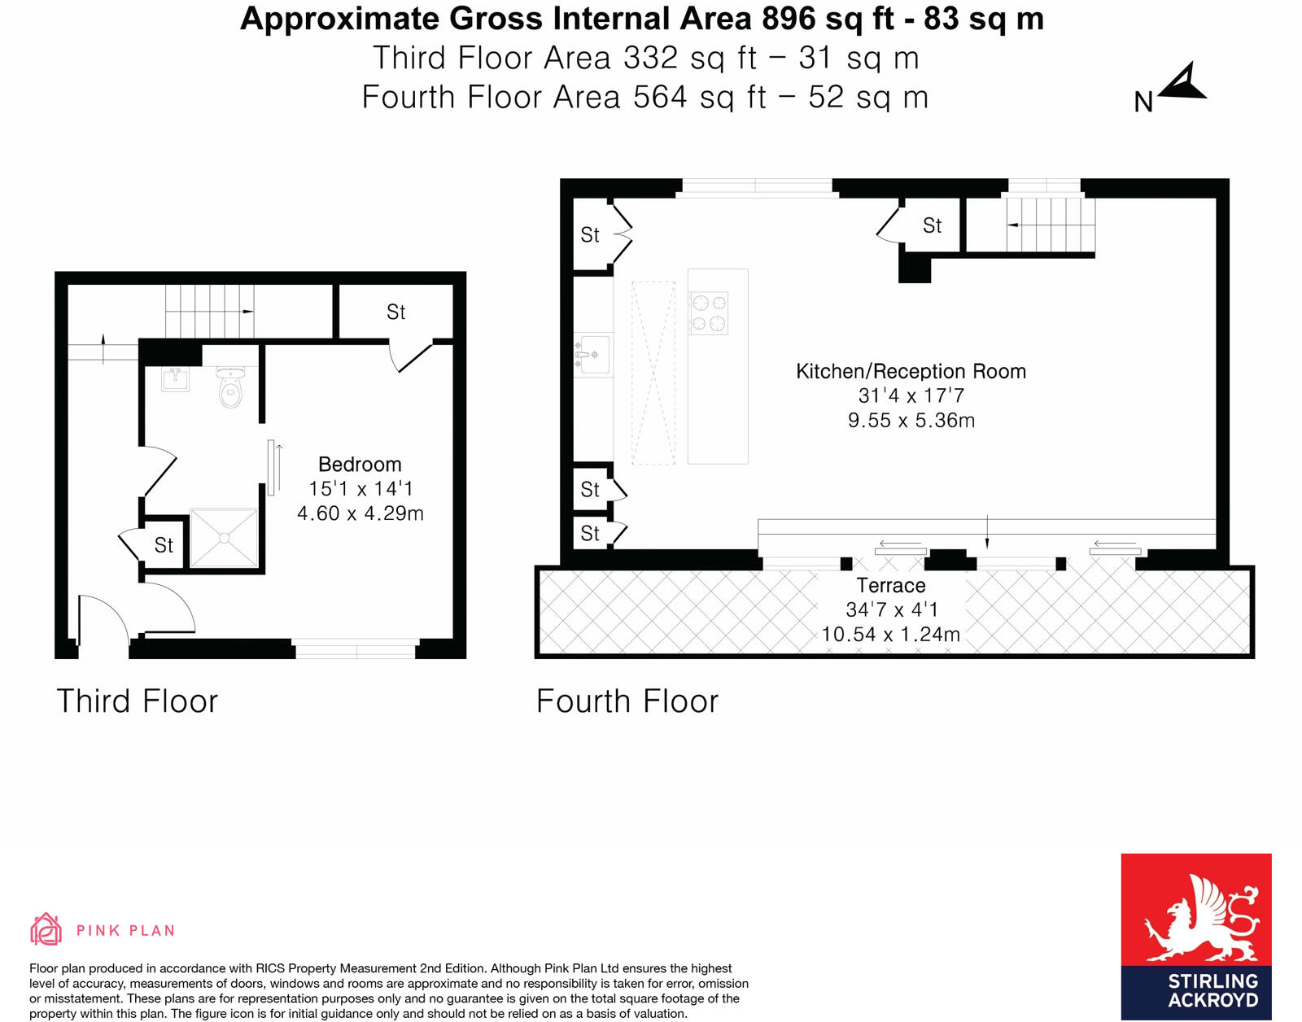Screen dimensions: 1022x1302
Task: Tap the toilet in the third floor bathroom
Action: tap(231, 388)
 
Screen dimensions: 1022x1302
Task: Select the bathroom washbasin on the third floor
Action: tap(175, 379)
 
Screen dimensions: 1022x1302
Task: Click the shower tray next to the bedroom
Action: tap(224, 538)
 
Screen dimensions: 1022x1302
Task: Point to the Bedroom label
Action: tap(360, 465)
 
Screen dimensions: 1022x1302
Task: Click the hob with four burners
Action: tap(708, 313)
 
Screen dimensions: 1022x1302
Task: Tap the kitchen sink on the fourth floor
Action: tap(592, 355)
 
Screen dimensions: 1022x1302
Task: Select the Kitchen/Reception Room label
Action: tap(911, 372)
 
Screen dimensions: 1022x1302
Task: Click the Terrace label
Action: tap(891, 586)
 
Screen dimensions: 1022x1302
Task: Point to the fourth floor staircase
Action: tap(1050, 225)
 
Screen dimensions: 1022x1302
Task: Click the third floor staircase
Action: tap(209, 311)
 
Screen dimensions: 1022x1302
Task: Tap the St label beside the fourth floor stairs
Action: tap(932, 225)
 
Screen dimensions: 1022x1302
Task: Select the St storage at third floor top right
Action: tap(395, 312)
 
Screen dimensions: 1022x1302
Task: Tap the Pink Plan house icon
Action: tap(46, 929)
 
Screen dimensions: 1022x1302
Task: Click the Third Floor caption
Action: tap(138, 701)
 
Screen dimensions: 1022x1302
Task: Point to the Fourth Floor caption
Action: tap(627, 701)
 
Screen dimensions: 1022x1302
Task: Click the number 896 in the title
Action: tap(789, 19)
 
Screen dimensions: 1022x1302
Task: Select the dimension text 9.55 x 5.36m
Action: tap(911, 421)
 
